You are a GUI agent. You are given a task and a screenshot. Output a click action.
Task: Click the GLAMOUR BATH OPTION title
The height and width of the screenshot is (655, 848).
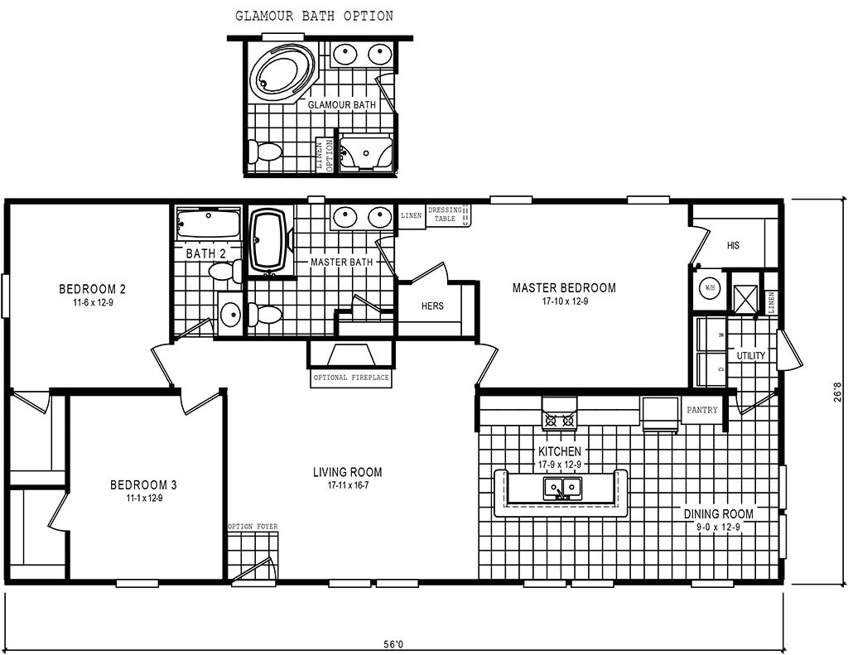click(314, 16)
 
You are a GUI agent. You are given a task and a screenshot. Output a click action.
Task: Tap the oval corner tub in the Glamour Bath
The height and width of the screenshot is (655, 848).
click(282, 73)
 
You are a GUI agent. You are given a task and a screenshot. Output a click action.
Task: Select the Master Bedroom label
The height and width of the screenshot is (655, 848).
click(564, 288)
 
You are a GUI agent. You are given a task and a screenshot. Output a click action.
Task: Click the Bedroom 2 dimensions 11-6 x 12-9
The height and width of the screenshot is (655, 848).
click(92, 302)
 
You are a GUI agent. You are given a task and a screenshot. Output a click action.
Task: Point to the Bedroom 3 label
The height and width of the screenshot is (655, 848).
click(143, 484)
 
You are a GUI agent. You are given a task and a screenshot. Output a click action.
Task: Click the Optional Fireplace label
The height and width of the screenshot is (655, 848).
click(351, 378)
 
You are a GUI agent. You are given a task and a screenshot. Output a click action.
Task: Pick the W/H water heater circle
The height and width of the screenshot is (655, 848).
click(709, 288)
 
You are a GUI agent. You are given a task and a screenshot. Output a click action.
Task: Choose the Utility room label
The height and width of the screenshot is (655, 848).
click(751, 355)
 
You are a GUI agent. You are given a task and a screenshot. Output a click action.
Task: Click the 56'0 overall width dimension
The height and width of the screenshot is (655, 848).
click(394, 643)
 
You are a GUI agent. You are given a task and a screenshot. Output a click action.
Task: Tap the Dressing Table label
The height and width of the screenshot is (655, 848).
click(446, 214)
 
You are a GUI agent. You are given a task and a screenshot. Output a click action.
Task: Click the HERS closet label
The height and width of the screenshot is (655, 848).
click(432, 306)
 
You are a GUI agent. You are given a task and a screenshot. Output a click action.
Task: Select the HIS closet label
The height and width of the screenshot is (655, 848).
click(732, 246)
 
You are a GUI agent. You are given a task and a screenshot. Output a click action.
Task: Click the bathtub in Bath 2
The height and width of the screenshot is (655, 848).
click(208, 224)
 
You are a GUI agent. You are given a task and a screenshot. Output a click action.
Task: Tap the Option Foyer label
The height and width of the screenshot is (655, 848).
click(253, 527)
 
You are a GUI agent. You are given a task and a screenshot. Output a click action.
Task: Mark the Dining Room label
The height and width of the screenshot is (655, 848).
click(718, 513)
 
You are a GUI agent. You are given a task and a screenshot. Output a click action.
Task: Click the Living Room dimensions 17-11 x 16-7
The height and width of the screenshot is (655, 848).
click(348, 485)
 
